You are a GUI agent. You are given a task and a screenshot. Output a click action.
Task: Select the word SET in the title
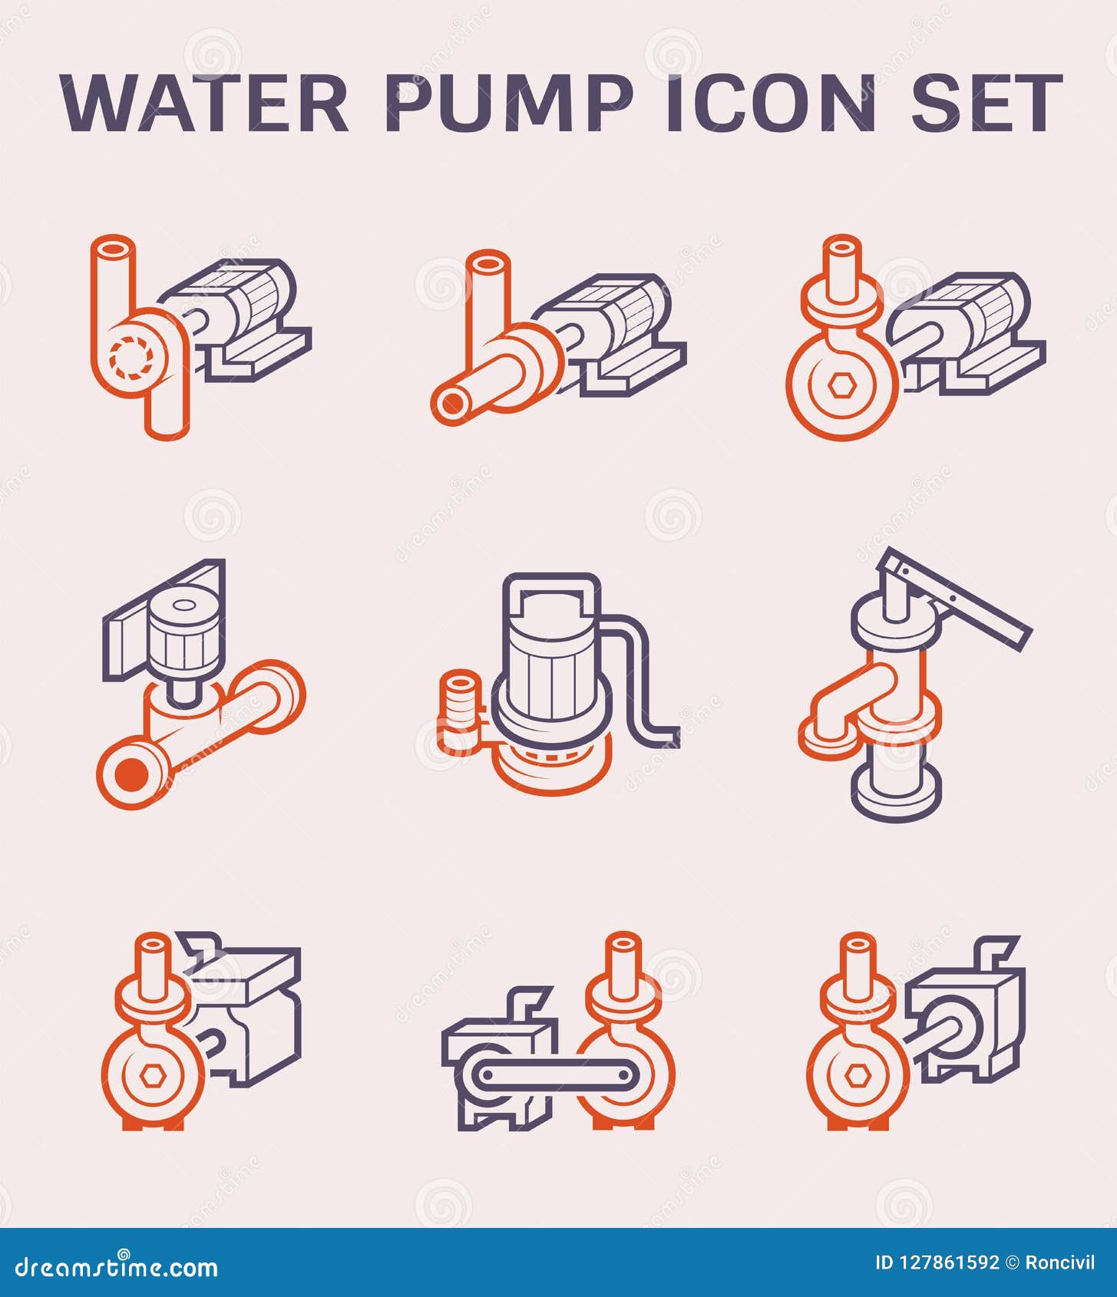pos(986,104)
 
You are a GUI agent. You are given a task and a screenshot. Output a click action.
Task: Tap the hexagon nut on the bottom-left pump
pos(151,1077)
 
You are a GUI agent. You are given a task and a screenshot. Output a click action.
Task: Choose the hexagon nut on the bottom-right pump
pos(858,1077)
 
